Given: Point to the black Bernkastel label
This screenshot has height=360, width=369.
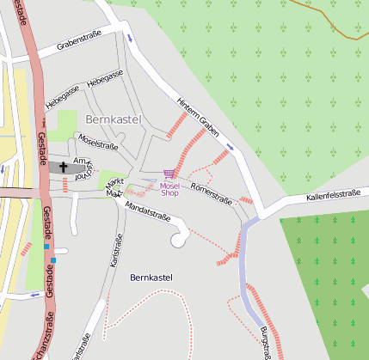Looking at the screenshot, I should click(151, 278).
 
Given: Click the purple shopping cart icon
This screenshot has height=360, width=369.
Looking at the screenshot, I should click(168, 174).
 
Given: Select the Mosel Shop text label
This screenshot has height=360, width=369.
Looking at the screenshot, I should click(169, 189).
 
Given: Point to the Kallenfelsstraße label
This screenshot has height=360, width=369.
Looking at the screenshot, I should click(332, 196).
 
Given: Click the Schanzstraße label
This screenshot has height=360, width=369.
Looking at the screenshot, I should click(39, 344).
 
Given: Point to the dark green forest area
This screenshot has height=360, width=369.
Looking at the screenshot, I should click(327, 258).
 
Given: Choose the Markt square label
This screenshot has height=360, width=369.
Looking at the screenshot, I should click(114, 186).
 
